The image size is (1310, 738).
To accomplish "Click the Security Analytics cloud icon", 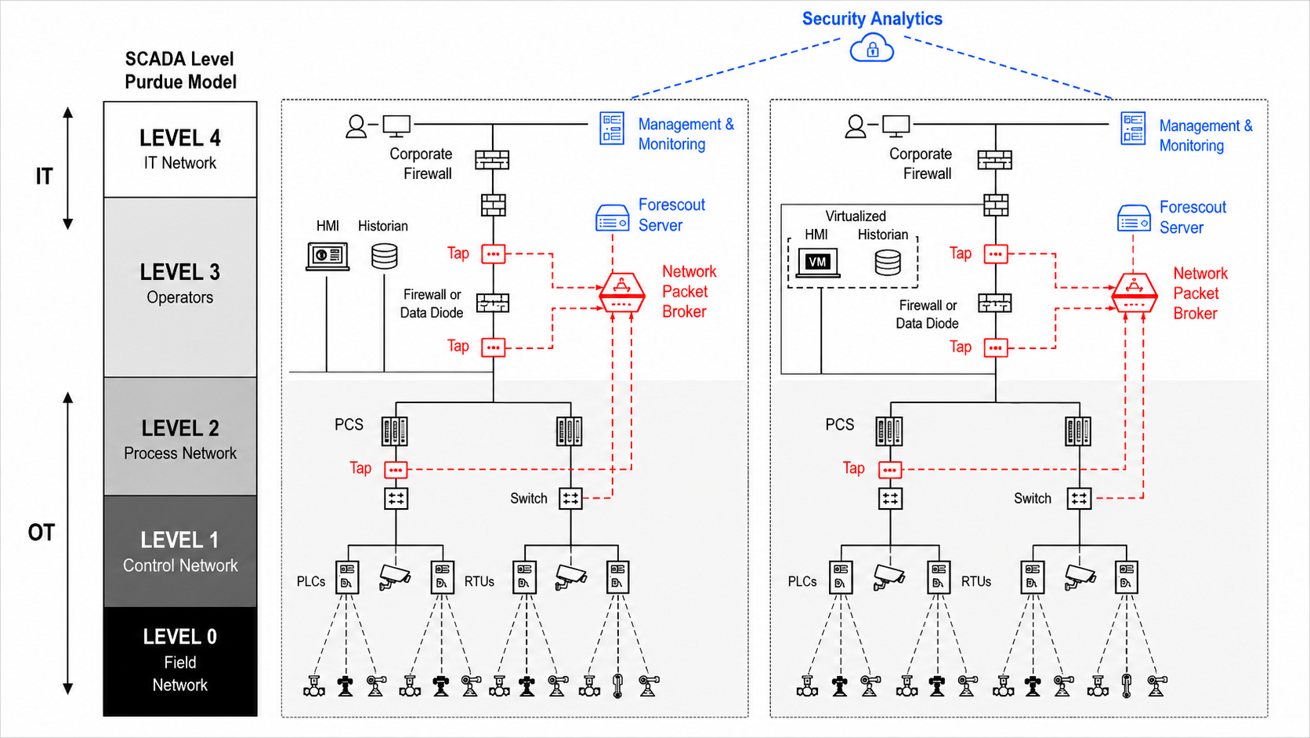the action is (x=871, y=48).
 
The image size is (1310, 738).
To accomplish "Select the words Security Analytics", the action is (x=872, y=19).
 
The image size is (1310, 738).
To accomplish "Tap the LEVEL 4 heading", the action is (x=180, y=138).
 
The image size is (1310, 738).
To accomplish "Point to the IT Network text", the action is (x=180, y=163).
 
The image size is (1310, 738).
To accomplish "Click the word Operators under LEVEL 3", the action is (x=180, y=297).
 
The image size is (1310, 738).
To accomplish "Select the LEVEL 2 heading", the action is (x=180, y=428).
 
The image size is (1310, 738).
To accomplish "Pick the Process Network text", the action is (x=180, y=453).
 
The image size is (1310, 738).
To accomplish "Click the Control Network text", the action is (x=180, y=565).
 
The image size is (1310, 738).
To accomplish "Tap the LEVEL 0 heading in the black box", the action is (x=180, y=637).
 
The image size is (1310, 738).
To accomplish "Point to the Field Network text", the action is (x=180, y=674).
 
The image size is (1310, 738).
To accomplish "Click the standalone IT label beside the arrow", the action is (x=45, y=176).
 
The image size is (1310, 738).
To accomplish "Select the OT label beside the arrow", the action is (x=41, y=533).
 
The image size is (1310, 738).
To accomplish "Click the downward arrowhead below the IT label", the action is (x=68, y=224).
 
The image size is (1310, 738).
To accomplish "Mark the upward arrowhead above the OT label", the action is (x=68, y=398).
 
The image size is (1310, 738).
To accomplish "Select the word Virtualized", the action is (x=856, y=216).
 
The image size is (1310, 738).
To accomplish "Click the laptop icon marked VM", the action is (x=818, y=263).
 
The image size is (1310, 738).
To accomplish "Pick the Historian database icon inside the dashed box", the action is (x=888, y=263).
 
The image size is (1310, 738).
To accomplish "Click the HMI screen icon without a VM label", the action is (x=327, y=256).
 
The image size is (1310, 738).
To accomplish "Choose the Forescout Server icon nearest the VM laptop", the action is (x=1134, y=218).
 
